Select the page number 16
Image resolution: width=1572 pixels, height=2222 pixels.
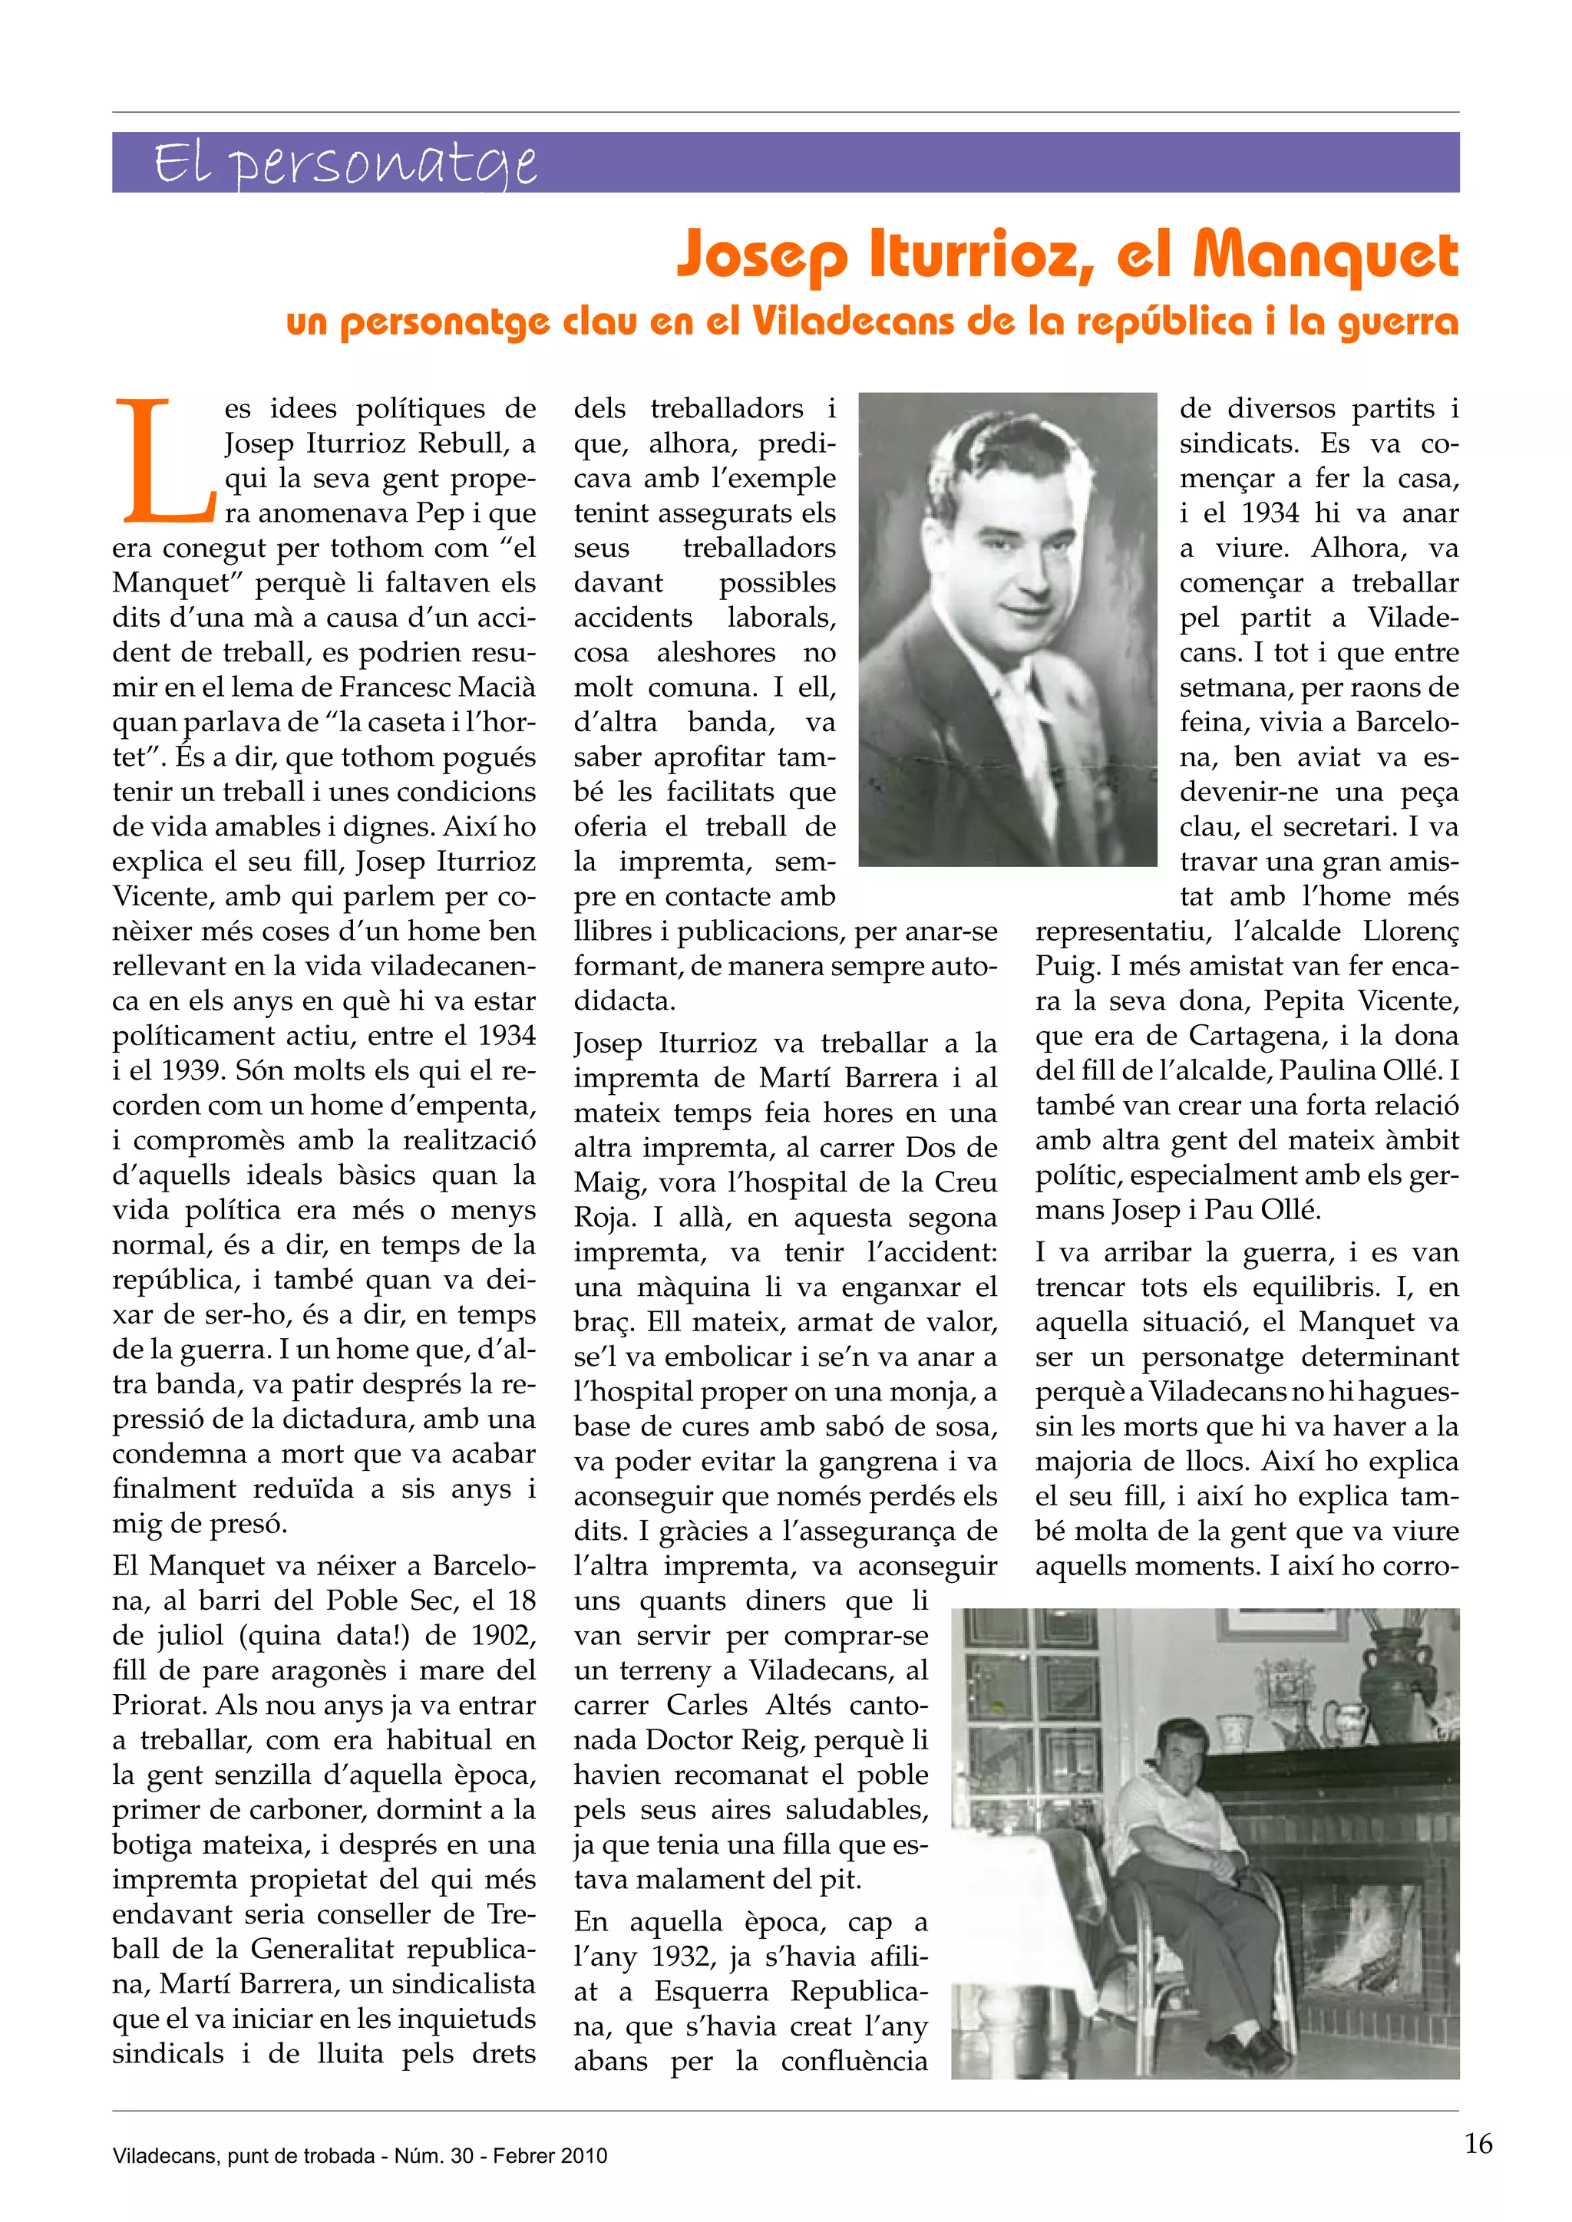click(x=1478, y=2145)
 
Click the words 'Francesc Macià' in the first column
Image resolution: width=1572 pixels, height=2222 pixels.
click(x=438, y=688)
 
